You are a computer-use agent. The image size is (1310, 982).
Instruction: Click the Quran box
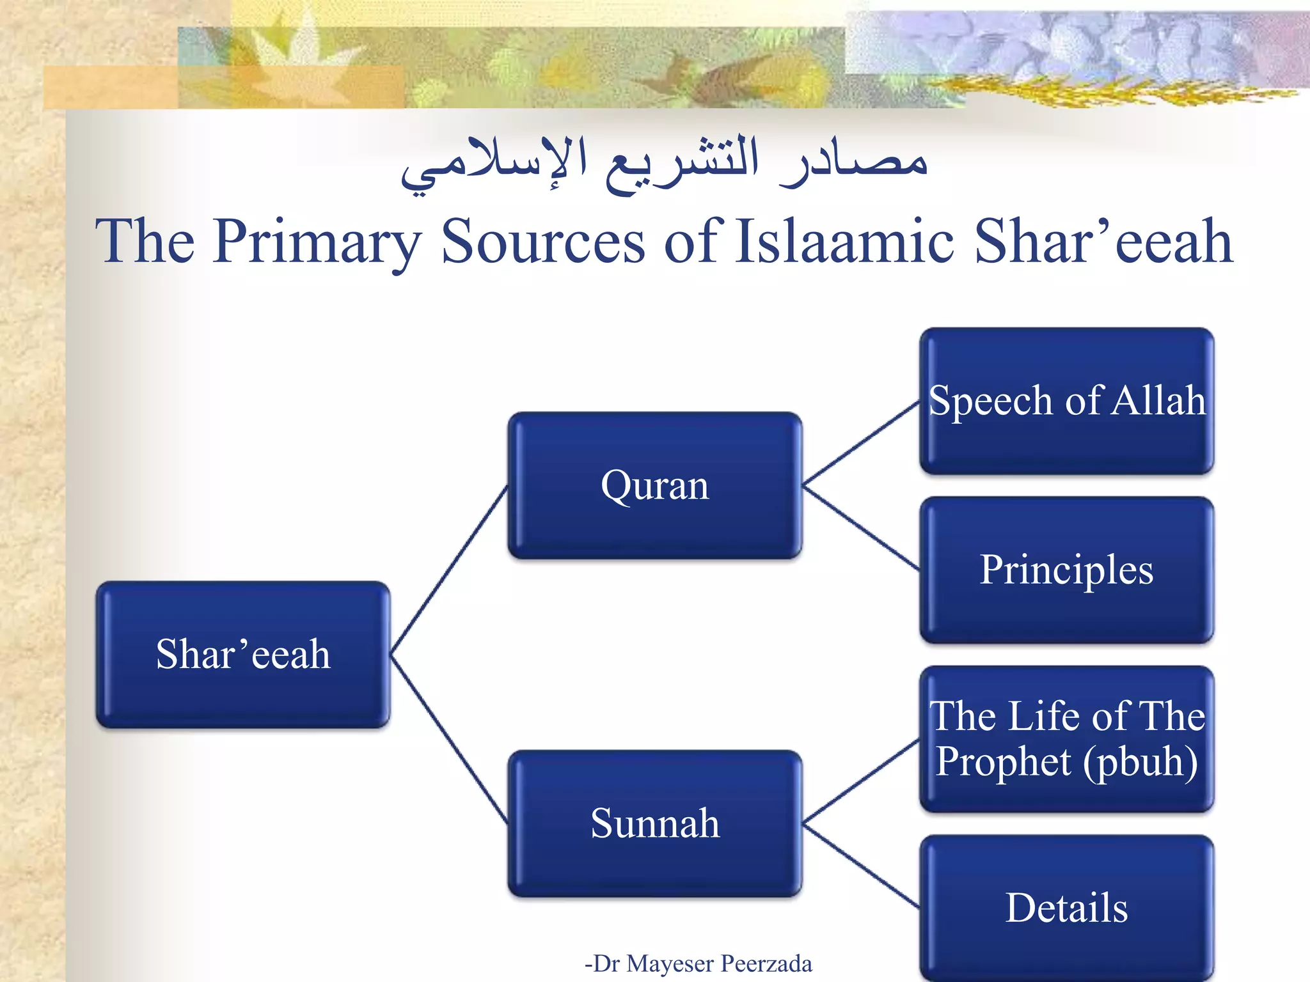coord(654,485)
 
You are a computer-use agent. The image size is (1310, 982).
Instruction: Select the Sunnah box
coord(654,823)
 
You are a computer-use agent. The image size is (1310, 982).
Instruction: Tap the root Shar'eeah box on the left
coord(243,654)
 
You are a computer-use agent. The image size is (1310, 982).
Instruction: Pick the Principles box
coord(1066,570)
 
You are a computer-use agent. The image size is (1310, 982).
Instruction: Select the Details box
coord(1066,908)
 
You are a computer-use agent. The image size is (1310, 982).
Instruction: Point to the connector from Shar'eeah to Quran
coord(449,570)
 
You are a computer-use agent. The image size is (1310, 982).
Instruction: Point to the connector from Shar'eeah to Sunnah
coord(449,738)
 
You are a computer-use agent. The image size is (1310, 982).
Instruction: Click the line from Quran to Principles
coord(861,527)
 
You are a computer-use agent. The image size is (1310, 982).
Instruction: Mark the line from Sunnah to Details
coord(861,866)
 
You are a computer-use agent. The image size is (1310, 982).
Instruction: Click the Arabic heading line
coord(664,163)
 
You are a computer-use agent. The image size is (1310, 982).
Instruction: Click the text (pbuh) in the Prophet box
coord(1140,762)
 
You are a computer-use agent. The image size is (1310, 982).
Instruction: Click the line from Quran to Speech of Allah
coord(861,443)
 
